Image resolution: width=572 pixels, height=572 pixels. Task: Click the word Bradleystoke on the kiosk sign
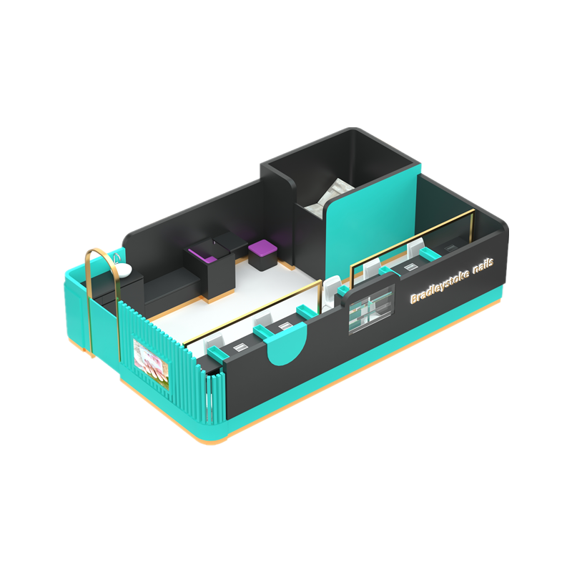439,287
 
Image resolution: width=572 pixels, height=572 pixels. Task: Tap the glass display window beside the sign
372,309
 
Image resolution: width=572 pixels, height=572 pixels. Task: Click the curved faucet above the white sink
117,257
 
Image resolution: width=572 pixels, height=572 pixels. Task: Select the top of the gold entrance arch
100,251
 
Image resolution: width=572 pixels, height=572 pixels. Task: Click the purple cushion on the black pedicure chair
204,255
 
